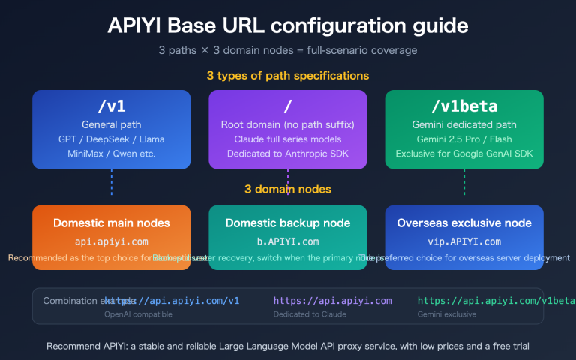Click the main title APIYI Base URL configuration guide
click(287, 25)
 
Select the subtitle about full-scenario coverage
click(287, 51)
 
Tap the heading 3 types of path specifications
click(287, 76)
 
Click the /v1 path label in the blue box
click(112, 106)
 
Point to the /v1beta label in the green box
click(464, 106)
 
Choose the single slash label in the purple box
click(287, 106)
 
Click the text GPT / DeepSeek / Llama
click(112, 139)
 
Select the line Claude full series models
click(287, 139)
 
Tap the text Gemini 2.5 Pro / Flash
click(464, 139)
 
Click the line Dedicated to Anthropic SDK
click(287, 154)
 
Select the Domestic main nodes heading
click(112, 223)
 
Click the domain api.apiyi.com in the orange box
click(112, 241)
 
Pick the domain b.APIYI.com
click(287, 241)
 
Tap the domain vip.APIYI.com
click(464, 241)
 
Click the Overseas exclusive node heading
click(464, 223)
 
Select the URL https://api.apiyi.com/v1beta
click(480, 300)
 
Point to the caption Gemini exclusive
click(447, 313)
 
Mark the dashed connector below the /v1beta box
click(464, 183)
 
